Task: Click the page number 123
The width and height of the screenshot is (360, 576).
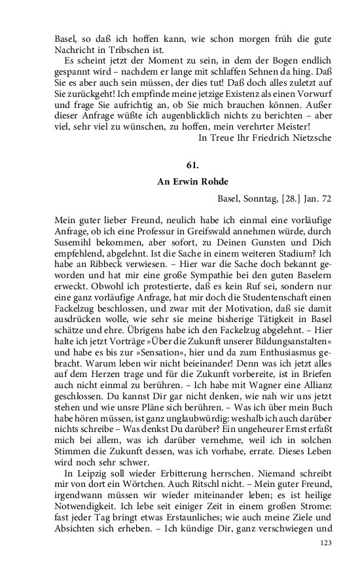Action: point(325,562)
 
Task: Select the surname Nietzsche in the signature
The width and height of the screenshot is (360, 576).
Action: point(310,137)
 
